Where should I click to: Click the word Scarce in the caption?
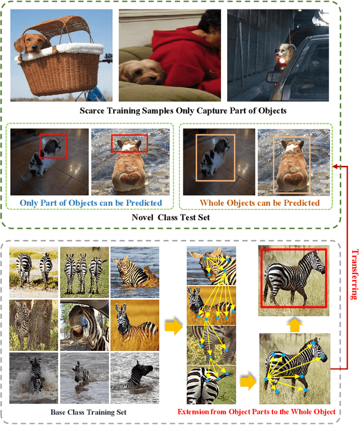(x=92, y=111)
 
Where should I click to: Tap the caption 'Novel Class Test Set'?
(x=170, y=218)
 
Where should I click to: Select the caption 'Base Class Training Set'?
(x=88, y=412)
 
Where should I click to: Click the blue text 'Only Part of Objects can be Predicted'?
(x=91, y=203)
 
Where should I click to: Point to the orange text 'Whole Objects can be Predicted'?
(x=260, y=203)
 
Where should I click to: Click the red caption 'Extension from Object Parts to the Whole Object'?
(x=256, y=412)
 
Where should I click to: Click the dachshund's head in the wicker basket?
(x=31, y=43)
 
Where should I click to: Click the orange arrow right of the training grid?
(x=174, y=326)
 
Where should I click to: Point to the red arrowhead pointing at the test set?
(x=336, y=166)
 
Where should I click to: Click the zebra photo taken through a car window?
(x=84, y=325)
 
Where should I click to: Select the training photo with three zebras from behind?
(x=84, y=272)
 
